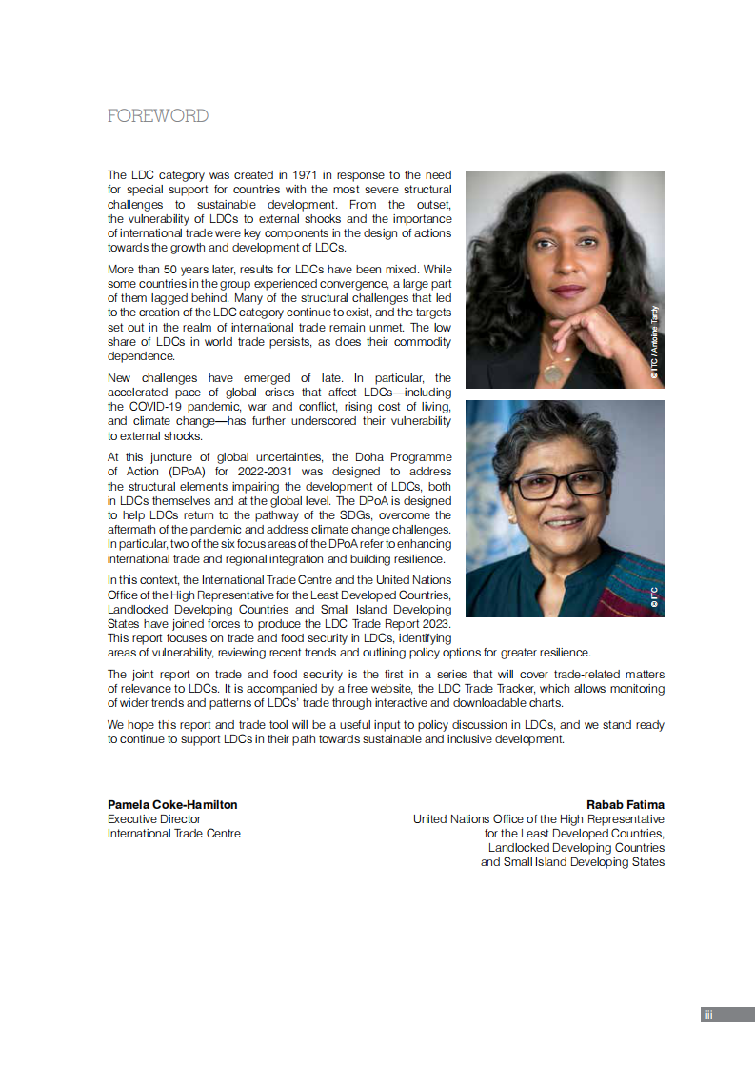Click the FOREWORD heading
[x=158, y=116]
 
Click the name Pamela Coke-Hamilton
[x=172, y=805]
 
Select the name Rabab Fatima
[x=626, y=805]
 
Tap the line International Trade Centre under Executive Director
[x=174, y=834]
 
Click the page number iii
[x=708, y=1015]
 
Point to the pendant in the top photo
[x=552, y=372]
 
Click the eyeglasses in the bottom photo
[x=560, y=484]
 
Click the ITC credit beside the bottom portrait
[x=655, y=595]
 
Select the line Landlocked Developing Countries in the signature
[x=576, y=848]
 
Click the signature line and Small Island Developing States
[x=572, y=862]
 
